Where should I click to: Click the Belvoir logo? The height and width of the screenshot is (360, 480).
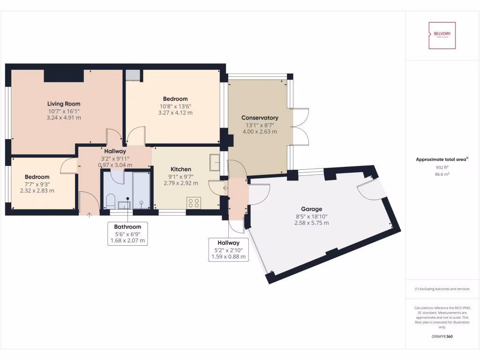click(x=442, y=35)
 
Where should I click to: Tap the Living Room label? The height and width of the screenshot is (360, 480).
click(x=64, y=104)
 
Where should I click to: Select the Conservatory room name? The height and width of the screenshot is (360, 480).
click(x=260, y=118)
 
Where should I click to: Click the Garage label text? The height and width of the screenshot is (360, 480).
click(x=311, y=209)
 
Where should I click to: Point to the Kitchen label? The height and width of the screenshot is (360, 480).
click(x=180, y=169)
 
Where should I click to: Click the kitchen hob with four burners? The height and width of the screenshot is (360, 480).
click(x=194, y=203)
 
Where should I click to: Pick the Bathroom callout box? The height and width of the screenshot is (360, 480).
click(x=127, y=233)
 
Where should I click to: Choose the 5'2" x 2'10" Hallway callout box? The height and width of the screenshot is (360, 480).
click(x=228, y=249)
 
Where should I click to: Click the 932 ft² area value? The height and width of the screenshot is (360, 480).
click(x=442, y=167)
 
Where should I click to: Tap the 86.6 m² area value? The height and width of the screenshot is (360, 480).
click(x=442, y=173)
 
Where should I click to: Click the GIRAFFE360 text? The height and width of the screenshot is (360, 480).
click(x=442, y=337)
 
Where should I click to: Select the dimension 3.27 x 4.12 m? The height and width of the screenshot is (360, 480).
click(x=175, y=113)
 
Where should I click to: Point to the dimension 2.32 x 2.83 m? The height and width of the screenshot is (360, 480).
click(x=37, y=191)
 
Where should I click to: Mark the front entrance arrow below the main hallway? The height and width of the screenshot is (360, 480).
click(x=90, y=215)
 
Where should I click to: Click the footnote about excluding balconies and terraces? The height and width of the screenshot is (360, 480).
click(x=442, y=289)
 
